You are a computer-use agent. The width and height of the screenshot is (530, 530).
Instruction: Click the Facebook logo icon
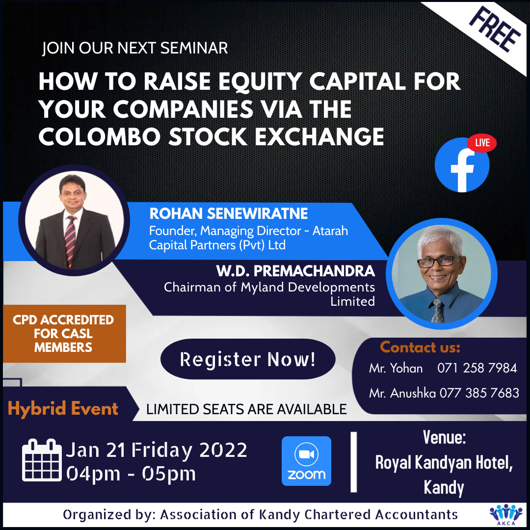point(462,165)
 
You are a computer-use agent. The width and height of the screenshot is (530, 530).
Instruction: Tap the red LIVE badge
point(482,143)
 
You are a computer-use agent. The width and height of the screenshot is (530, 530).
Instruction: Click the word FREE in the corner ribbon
point(495,31)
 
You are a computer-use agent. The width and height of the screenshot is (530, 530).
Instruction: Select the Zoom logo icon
point(306,461)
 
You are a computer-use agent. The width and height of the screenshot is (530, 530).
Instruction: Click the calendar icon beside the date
point(42,460)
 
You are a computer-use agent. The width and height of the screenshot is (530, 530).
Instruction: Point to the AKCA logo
point(506,515)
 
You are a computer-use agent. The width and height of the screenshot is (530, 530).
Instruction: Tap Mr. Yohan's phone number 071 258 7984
point(477,368)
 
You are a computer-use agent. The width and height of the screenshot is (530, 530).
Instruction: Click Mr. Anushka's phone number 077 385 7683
point(479,393)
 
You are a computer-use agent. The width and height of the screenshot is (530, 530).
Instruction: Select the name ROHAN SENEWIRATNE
point(229,213)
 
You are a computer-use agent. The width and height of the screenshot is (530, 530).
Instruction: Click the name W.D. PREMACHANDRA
point(295,271)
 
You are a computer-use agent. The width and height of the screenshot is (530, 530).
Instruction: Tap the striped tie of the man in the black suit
point(70,241)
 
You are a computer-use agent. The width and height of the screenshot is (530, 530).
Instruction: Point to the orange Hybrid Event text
point(63,409)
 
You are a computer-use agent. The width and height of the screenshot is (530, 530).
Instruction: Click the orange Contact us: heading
point(420,347)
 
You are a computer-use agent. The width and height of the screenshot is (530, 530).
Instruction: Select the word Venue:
point(444,437)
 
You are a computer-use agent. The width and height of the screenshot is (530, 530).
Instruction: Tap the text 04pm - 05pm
point(131,474)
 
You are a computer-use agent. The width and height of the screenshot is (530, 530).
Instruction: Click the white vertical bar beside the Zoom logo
point(353,462)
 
